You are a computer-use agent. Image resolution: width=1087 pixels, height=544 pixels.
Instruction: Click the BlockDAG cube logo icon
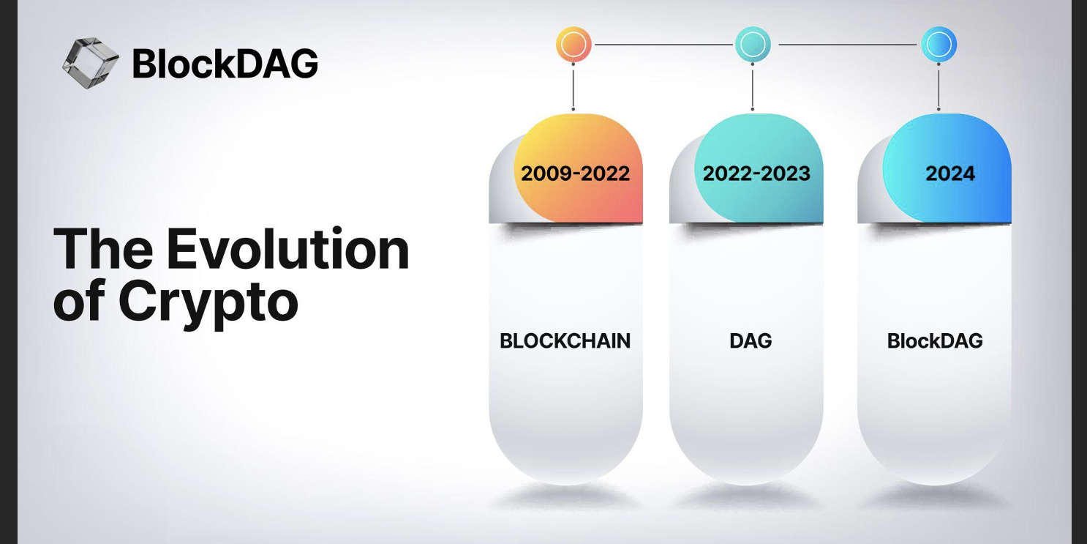(91, 63)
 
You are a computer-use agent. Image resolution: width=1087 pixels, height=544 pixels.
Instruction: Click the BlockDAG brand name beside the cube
(225, 64)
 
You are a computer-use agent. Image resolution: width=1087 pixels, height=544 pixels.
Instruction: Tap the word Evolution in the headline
(288, 249)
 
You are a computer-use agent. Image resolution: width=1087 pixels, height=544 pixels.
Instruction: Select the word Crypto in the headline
(208, 303)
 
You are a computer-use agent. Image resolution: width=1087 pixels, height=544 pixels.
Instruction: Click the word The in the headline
(102, 249)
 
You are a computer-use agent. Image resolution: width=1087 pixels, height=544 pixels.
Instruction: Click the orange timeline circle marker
(573, 44)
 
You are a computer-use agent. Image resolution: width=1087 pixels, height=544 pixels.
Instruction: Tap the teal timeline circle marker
(753, 44)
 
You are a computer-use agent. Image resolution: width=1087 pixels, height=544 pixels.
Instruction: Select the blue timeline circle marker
(939, 44)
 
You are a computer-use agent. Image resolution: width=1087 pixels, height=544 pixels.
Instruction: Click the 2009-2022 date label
(575, 174)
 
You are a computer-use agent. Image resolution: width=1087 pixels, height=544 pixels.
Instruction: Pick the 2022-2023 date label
(756, 174)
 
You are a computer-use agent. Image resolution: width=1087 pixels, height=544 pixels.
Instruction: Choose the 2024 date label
(950, 174)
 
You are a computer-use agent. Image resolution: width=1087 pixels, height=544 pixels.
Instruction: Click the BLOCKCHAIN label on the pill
(565, 341)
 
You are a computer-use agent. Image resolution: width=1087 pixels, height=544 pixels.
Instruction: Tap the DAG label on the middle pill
(751, 341)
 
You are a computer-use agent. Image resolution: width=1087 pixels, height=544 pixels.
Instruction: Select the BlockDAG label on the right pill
(935, 341)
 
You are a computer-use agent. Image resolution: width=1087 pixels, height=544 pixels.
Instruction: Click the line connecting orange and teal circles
(663, 44)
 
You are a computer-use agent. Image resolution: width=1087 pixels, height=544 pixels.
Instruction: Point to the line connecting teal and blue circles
(848, 44)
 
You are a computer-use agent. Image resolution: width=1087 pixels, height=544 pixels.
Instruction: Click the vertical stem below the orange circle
(573, 86)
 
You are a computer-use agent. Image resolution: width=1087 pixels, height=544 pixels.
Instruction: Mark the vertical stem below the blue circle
(939, 86)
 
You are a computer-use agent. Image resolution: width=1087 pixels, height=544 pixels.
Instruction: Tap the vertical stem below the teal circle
(752, 86)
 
